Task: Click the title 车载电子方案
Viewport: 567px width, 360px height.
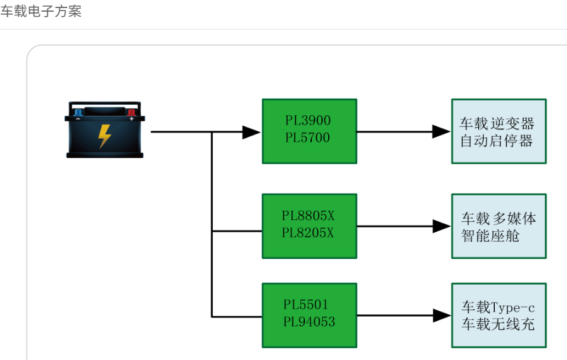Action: coord(41,12)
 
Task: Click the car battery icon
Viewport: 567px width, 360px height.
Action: coord(105,130)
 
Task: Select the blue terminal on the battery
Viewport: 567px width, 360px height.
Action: coord(78,112)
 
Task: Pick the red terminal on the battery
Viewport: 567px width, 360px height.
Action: coord(131,112)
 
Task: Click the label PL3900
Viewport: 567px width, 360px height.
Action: coord(308,121)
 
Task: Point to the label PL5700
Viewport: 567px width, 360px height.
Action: coord(308,138)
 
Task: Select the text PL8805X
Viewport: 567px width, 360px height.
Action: coord(308,216)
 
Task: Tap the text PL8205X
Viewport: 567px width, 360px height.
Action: coord(308,233)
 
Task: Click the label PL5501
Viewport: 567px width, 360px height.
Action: coord(306,305)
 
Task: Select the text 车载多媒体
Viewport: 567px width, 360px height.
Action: coord(499,218)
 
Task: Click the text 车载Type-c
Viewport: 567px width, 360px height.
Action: coord(499,307)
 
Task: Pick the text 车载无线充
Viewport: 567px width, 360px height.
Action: coord(499,324)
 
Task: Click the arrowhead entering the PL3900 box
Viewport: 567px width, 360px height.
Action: coord(251,132)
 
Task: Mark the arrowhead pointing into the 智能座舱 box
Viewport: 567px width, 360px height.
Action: coord(441,226)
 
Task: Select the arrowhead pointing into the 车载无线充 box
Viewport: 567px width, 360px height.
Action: coord(441,316)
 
